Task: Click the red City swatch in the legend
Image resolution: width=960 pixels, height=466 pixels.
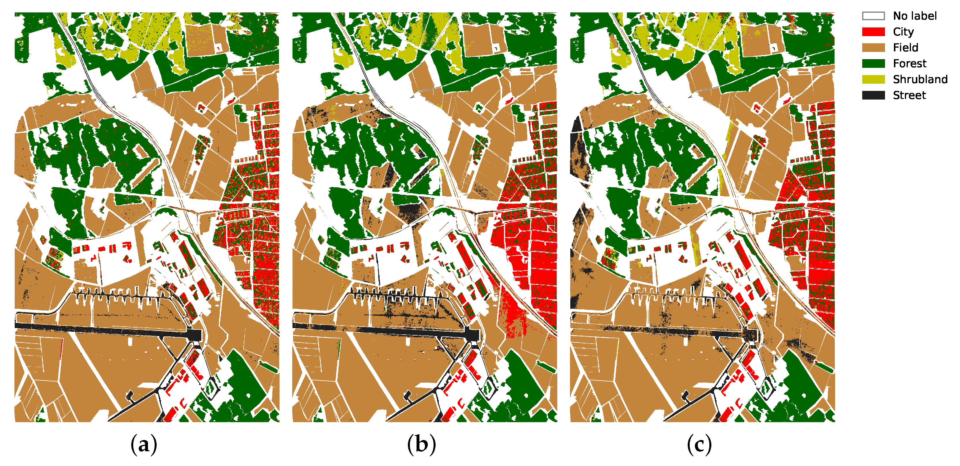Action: (x=873, y=32)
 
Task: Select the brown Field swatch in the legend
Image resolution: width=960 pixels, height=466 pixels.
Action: (x=873, y=48)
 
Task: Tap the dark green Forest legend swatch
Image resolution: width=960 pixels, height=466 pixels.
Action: (x=873, y=63)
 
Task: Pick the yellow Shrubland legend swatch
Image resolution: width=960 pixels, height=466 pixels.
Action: (x=873, y=79)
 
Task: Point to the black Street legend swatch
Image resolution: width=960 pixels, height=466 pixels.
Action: (x=873, y=95)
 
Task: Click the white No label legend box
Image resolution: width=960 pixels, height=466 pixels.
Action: (x=873, y=16)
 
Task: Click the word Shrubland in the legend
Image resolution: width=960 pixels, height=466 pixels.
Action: (x=920, y=79)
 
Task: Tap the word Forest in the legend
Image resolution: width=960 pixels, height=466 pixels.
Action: (x=909, y=63)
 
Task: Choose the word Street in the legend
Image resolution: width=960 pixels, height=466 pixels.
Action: (x=909, y=95)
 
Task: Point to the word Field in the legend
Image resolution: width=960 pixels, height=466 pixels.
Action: (x=905, y=48)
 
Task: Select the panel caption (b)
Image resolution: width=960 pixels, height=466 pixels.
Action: (x=421, y=444)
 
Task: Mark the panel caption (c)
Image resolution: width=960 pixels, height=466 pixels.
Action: (x=699, y=444)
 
